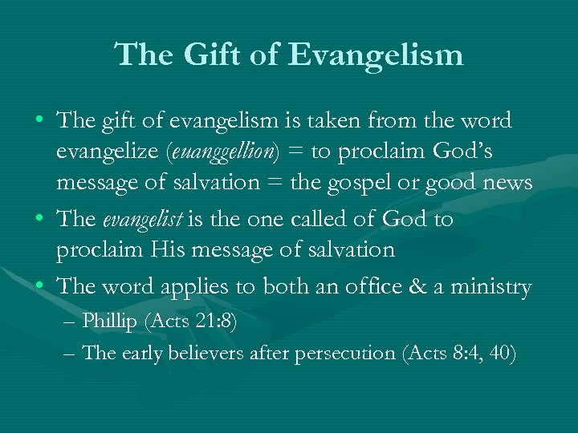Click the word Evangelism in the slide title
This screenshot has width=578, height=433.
tap(377, 55)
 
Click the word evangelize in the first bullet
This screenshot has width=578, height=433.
tap(105, 152)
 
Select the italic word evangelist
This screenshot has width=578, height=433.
tap(149, 220)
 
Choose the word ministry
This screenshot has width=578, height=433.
tap(495, 287)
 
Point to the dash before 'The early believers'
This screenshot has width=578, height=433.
tap(70, 353)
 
